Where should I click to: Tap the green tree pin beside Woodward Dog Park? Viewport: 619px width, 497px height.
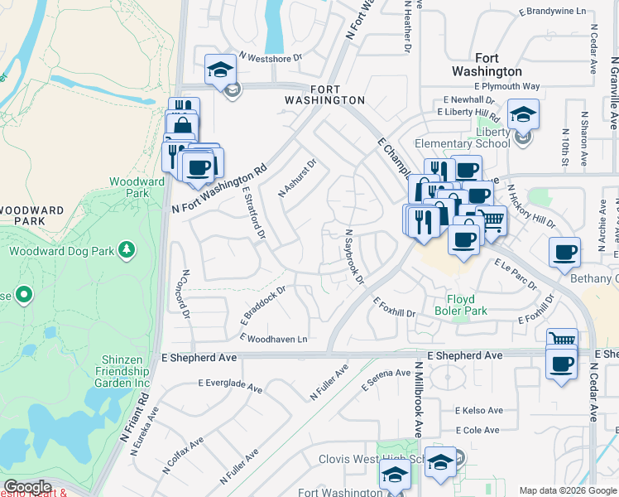point(126,248)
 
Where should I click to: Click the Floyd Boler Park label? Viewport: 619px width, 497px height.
point(461,305)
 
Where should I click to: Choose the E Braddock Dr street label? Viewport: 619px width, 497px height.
point(263,305)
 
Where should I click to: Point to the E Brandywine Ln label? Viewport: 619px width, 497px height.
point(552,12)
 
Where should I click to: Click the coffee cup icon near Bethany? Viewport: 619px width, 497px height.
point(565,252)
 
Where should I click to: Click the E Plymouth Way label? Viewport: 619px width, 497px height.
point(507,86)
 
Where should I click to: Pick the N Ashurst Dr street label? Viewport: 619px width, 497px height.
point(297,178)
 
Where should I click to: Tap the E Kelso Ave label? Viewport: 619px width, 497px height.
point(479,411)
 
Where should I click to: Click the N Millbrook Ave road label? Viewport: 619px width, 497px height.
point(420,399)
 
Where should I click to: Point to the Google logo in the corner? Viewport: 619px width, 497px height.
point(27,487)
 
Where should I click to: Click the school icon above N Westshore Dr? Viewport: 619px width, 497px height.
point(221,70)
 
